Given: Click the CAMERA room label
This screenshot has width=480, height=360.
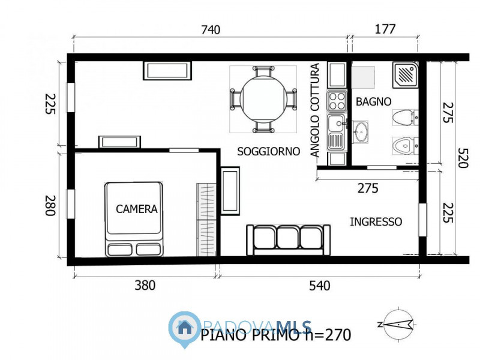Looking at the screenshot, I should pyautogui.click(x=137, y=209).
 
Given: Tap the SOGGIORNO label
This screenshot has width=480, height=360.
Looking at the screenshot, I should pyautogui.click(x=268, y=152).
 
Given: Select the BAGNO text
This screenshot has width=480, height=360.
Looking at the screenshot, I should pyautogui.click(x=373, y=102).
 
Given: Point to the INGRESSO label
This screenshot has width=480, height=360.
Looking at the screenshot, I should pyautogui.click(x=376, y=222).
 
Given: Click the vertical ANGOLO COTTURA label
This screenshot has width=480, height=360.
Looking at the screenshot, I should pyautogui.click(x=316, y=112).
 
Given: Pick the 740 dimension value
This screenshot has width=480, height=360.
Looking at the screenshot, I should pyautogui.click(x=211, y=29).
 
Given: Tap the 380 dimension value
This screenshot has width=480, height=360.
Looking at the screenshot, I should pyautogui.click(x=144, y=286).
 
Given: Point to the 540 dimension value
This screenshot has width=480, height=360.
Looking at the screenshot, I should pyautogui.click(x=319, y=286).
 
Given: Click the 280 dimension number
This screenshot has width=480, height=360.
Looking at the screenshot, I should pyautogui.click(x=50, y=205).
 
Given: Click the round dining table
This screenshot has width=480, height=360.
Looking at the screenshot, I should pyautogui.click(x=263, y=100).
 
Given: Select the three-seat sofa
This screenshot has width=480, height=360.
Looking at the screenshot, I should pyautogui.click(x=288, y=239).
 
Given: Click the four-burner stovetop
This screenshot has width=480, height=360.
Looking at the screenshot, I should pyautogui.click(x=337, y=100).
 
